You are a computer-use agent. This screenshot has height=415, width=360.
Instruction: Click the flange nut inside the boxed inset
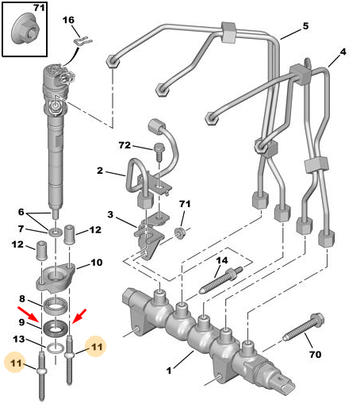[x=25, y=29]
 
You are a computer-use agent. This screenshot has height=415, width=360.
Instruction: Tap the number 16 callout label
[x=68, y=20]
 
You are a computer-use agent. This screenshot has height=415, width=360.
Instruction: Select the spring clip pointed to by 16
[x=82, y=42]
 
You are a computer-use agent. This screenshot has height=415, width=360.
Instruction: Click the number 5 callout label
[x=305, y=26]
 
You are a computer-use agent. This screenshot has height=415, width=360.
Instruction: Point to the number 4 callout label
[x=343, y=52]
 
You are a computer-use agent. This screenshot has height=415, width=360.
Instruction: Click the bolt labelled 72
[x=159, y=152]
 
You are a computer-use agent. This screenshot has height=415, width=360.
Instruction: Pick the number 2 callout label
[x=100, y=171]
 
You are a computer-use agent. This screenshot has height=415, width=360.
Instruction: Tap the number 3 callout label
[x=110, y=214]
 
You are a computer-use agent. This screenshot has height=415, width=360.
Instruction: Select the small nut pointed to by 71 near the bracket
[x=180, y=232]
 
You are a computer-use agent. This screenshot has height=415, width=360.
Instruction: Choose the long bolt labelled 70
[x=304, y=328]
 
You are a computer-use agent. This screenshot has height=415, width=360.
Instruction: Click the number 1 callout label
[x=169, y=371]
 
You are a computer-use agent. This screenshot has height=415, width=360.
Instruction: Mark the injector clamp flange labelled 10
[x=56, y=278]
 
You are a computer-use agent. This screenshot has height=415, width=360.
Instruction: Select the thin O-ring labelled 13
[x=56, y=348]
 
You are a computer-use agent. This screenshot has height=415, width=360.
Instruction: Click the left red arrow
[x=29, y=315]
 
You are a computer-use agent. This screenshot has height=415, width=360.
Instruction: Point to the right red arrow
[x=79, y=316]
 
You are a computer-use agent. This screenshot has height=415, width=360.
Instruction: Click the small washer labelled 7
[x=55, y=232]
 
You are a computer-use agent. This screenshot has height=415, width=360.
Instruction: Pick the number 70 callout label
[x=316, y=355]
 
